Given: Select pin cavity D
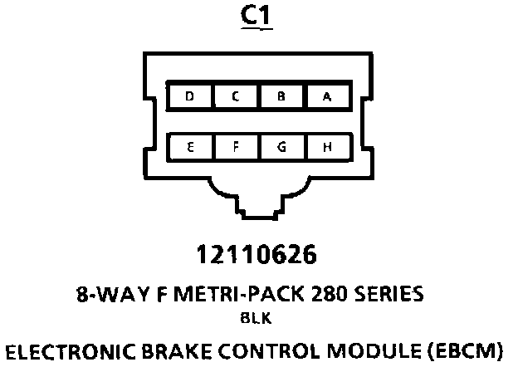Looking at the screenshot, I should tap(190, 97).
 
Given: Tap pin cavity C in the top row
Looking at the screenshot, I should tap(236, 97).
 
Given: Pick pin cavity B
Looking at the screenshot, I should tap(281, 97).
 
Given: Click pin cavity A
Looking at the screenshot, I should tap(327, 97).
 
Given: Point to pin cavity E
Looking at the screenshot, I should tap(190, 148).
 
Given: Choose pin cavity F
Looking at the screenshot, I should tap(236, 148).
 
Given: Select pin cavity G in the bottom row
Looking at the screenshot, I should tap(281, 148).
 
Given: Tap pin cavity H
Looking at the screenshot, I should tap(327, 148).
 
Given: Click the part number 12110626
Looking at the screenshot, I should tap(257, 253).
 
